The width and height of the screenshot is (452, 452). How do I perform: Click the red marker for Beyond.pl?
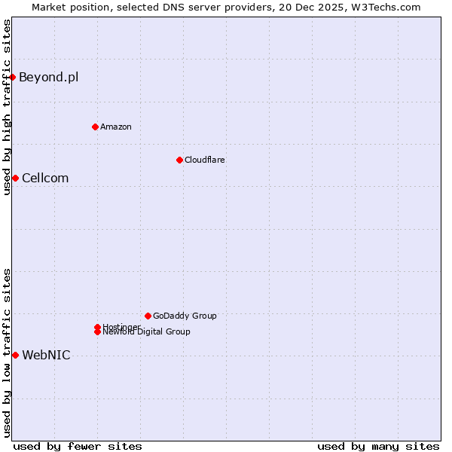(13, 77)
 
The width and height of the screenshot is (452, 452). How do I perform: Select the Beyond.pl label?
(48, 77)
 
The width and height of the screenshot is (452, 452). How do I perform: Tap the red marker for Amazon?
(95, 127)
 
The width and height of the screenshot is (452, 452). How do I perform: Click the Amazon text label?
(116, 127)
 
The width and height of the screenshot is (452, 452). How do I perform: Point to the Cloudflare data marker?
(179, 160)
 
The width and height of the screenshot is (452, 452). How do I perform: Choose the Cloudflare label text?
(205, 160)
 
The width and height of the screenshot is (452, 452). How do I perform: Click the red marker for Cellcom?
(15, 178)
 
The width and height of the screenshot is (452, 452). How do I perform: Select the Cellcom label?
(45, 178)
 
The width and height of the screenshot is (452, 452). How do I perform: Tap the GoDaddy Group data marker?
(148, 316)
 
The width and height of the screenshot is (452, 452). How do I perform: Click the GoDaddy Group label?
(185, 316)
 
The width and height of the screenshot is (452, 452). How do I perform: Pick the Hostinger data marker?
(97, 327)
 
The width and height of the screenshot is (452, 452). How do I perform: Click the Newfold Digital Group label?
(147, 332)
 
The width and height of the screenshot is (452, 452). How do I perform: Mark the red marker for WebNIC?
(15, 355)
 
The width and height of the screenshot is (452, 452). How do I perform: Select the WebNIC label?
(46, 355)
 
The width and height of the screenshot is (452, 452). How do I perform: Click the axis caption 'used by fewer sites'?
(78, 446)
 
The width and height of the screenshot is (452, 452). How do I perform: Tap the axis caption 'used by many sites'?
(378, 446)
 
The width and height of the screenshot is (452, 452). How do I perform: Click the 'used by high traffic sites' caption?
(7, 107)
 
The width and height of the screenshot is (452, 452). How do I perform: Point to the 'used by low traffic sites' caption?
(7, 353)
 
